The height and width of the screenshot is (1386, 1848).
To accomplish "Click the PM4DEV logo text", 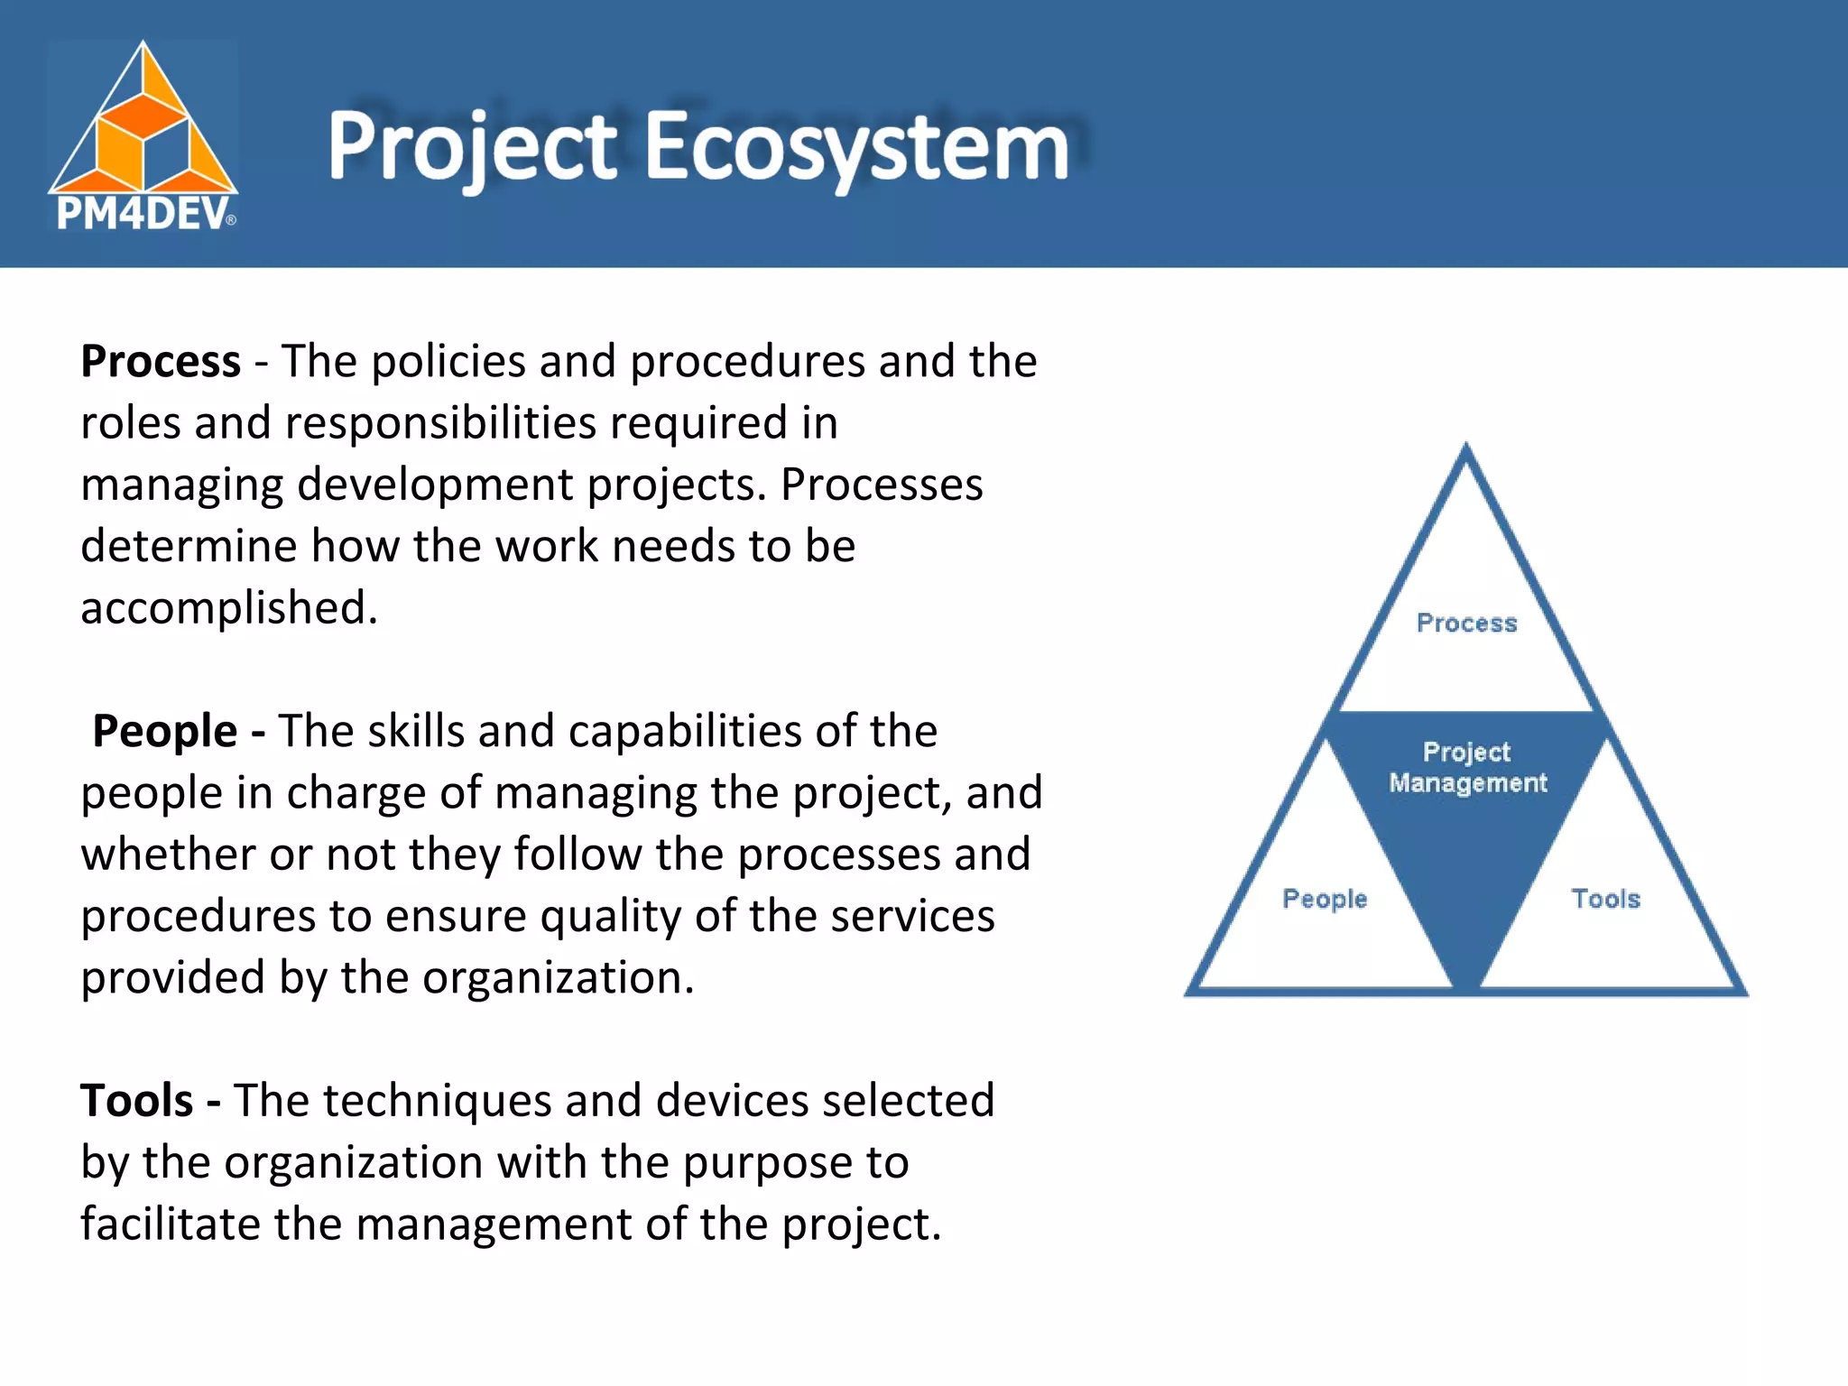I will pyautogui.click(x=142, y=215).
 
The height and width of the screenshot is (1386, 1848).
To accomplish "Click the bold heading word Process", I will pyautogui.click(x=161, y=361).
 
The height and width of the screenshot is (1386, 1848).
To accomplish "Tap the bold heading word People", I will pyautogui.click(x=165, y=731).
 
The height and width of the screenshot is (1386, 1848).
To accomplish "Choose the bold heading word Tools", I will pyautogui.click(x=137, y=1101).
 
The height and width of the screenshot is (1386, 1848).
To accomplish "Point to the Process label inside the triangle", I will pyautogui.click(x=1466, y=623).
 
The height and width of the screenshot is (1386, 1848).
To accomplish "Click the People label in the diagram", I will pyautogui.click(x=1325, y=899).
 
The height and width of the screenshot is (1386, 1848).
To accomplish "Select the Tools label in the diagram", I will pyautogui.click(x=1605, y=899).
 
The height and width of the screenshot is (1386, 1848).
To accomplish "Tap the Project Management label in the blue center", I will pyautogui.click(x=1467, y=767).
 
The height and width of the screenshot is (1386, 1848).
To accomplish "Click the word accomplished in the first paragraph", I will pyautogui.click(x=228, y=607).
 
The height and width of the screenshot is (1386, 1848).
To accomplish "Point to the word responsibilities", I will pyautogui.click(x=440, y=422).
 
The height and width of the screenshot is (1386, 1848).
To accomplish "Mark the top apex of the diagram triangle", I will pyautogui.click(x=1465, y=446).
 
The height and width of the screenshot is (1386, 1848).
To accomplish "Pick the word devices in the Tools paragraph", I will pyautogui.click(x=732, y=1101).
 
